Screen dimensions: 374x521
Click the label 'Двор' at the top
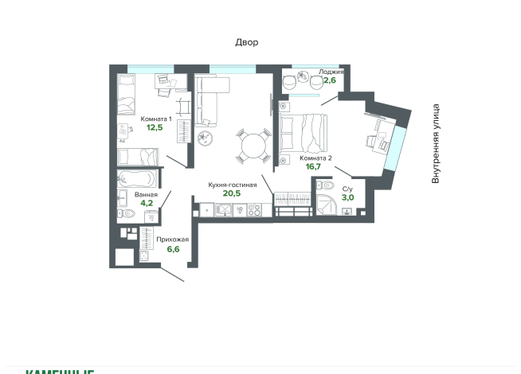coord(246,42)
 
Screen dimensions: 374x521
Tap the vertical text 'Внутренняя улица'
coord(436,144)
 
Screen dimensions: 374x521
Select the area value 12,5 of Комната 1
coord(154,127)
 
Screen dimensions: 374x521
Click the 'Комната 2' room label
coord(315,158)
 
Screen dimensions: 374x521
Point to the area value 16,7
coord(313,167)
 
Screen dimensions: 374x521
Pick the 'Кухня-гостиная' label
coord(232,185)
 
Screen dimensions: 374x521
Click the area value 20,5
coord(232,193)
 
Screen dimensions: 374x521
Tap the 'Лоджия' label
coord(331,72)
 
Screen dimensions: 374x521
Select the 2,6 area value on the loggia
coord(329,80)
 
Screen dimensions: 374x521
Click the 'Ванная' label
coord(146,194)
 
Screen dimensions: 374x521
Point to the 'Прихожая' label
coord(173,240)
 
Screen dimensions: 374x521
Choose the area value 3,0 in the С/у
coord(347,197)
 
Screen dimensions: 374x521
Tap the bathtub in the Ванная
coord(137,178)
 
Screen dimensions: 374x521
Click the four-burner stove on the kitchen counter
coord(254,210)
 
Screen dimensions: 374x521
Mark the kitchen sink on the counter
coord(223,210)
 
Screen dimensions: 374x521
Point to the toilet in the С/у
coord(325,186)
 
